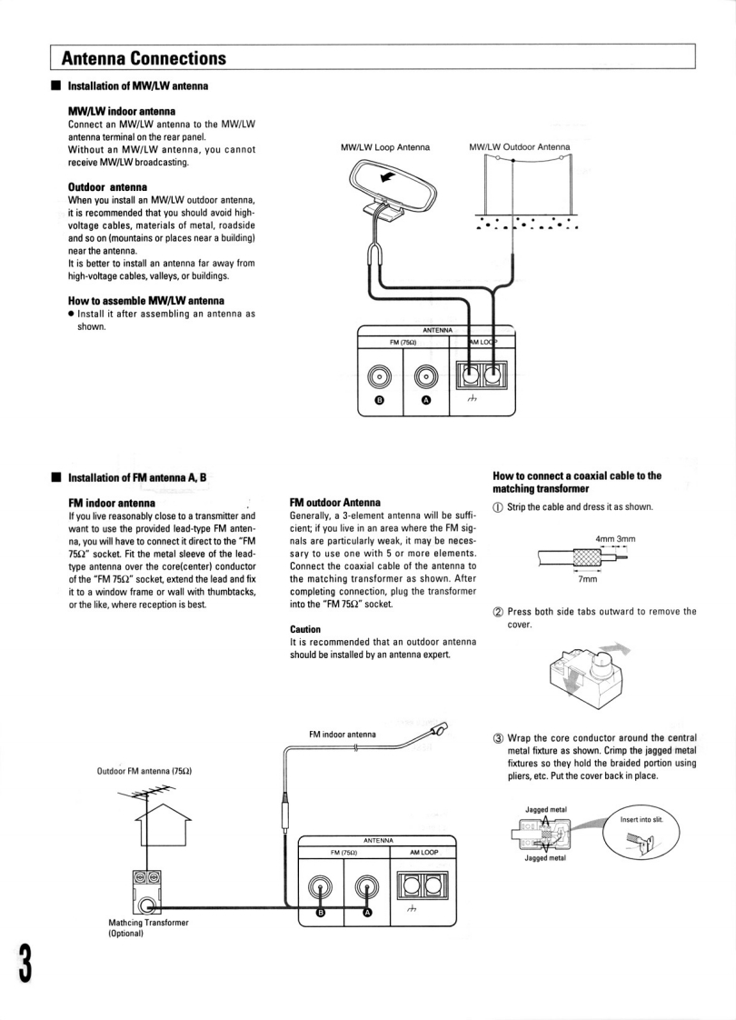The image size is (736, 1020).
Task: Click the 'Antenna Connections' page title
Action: click(x=144, y=59)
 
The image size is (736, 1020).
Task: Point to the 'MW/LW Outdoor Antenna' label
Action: click(x=520, y=146)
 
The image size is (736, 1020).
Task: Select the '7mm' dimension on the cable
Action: click(x=588, y=579)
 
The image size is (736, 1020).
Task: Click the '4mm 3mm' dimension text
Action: click(x=615, y=539)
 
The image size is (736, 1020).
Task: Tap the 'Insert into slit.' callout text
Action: click(x=642, y=819)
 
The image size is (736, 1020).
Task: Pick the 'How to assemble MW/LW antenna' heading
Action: click(x=146, y=301)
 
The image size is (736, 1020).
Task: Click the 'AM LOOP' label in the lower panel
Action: click(x=423, y=853)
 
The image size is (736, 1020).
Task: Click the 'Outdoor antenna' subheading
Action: click(x=108, y=187)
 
